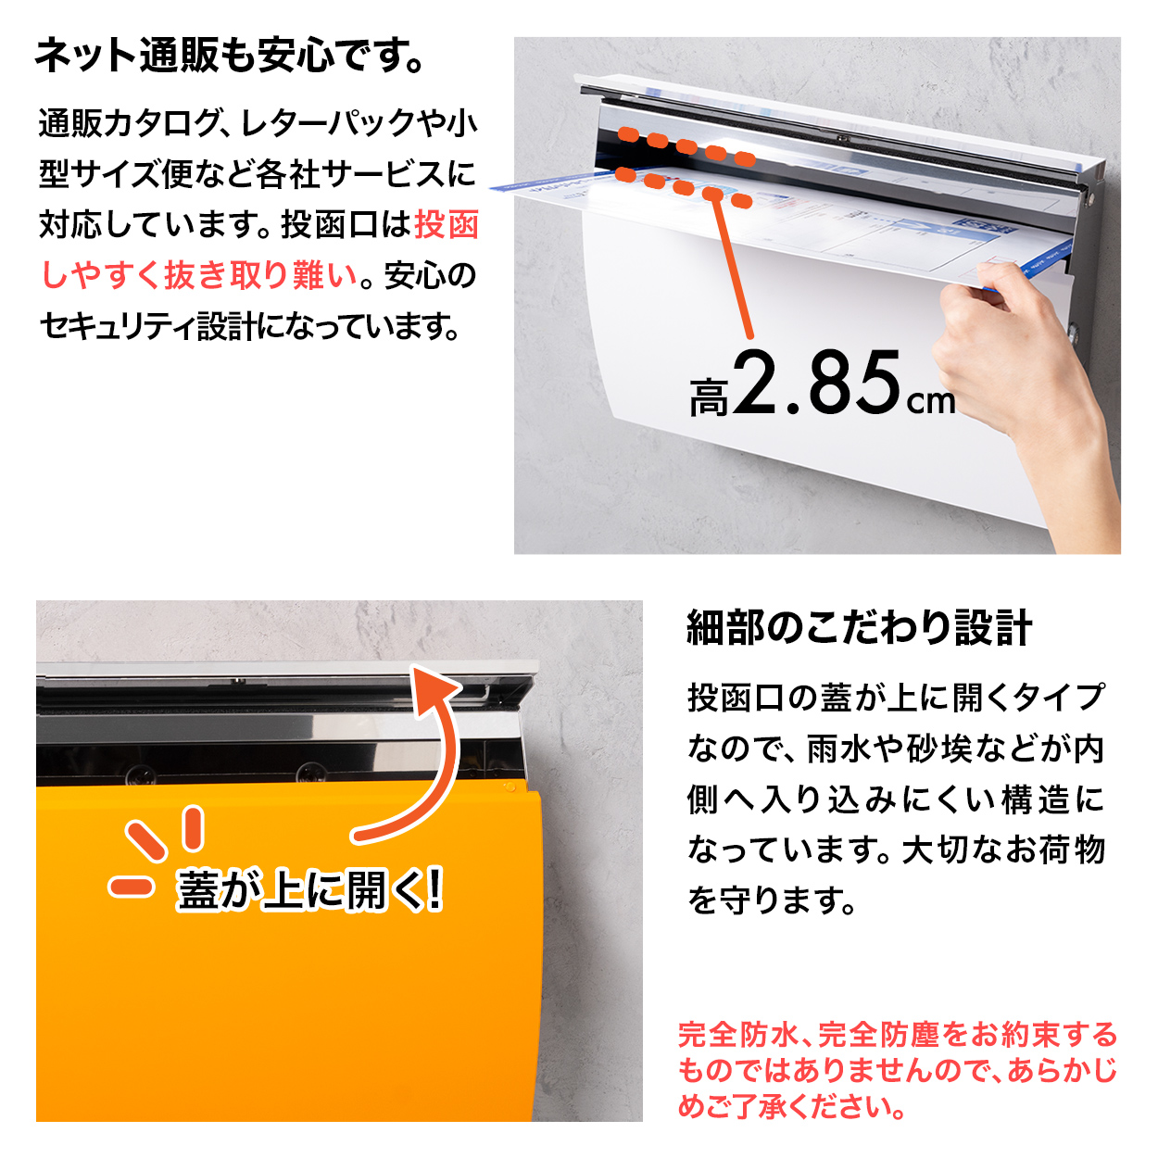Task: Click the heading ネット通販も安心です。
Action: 230,57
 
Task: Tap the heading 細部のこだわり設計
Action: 859,628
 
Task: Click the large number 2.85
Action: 819,384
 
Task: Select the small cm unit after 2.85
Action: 930,402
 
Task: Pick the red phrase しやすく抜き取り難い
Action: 199,276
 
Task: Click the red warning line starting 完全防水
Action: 897,1035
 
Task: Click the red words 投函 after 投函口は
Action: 447,225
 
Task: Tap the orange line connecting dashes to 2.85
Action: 732,269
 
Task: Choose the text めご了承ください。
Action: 792,1106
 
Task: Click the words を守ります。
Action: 772,900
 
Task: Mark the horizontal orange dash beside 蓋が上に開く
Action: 131,887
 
